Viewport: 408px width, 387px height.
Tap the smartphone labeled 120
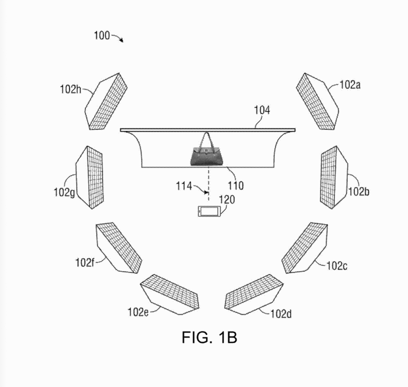[209, 211]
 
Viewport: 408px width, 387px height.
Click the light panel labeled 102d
[254, 294]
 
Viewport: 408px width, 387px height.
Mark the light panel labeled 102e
[170, 294]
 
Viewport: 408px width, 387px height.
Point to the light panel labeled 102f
[119, 248]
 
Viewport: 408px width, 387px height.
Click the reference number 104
[263, 110]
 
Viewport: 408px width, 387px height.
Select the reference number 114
[184, 185]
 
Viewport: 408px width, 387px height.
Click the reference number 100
[102, 35]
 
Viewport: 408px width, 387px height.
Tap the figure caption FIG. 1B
[209, 337]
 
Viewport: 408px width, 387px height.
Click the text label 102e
[138, 312]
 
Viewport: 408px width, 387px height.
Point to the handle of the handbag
[206, 139]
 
